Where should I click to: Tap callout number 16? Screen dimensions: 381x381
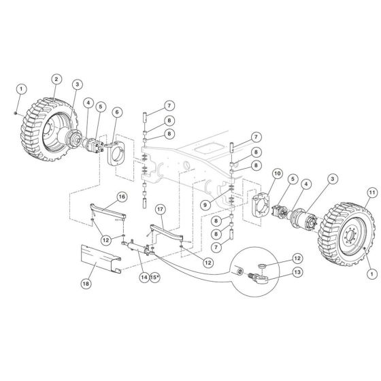point(121,197)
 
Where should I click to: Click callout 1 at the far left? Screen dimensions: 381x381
point(21,89)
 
